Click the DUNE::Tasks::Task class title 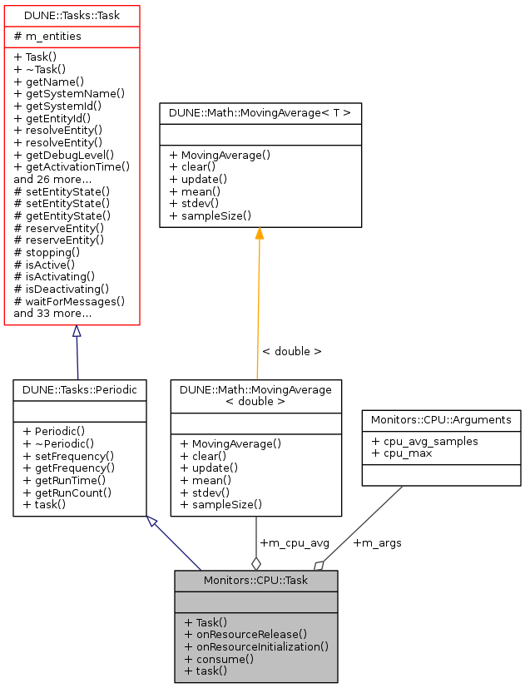(x=72, y=16)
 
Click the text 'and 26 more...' (x=52, y=179)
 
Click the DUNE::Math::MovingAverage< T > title (x=260, y=112)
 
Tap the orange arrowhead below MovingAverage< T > (x=260, y=233)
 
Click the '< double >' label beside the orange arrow (x=291, y=351)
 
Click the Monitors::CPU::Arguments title (x=441, y=420)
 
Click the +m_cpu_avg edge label (x=295, y=543)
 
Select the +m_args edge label (x=377, y=543)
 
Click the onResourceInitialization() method (x=256, y=646)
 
